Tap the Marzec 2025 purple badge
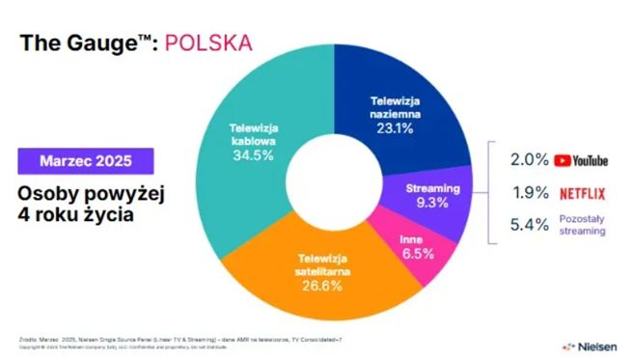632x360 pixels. click(x=87, y=159)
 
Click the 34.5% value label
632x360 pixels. click(x=254, y=155)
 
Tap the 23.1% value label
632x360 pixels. click(x=402, y=125)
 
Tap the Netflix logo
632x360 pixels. click(x=583, y=193)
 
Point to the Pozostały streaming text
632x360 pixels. click(x=583, y=226)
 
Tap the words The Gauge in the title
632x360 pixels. click(x=76, y=42)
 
